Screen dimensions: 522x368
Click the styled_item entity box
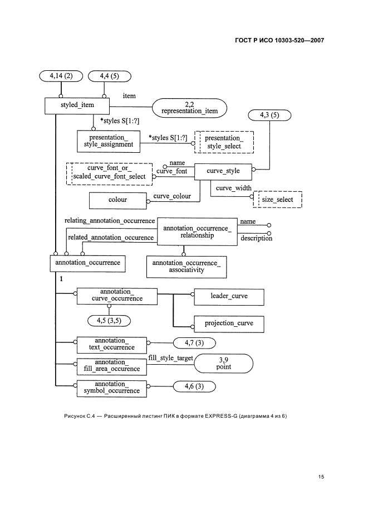[77, 105]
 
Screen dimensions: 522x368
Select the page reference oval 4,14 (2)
[61, 75]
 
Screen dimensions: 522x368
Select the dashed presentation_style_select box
[223, 142]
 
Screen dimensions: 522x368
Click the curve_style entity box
[222, 171]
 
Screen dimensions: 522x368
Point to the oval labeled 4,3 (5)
[271, 115]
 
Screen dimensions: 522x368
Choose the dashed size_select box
[277, 200]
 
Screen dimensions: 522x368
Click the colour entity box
[117, 200]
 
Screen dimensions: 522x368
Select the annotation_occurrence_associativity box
[186, 266]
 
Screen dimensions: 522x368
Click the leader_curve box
[229, 296]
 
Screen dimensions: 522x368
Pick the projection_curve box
[229, 323]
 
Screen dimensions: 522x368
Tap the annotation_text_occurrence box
[111, 344]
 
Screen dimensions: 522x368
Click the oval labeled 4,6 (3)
[195, 385]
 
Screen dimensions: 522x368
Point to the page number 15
[321, 477]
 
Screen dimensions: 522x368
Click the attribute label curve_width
[233, 188]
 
